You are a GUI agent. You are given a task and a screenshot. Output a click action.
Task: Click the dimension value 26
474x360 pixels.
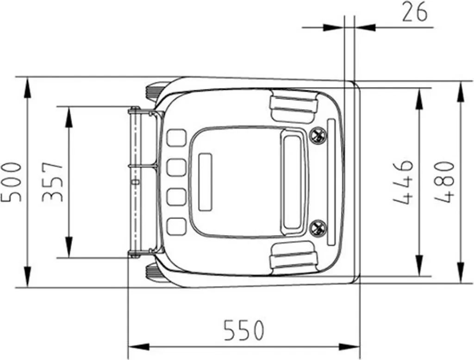[x=415, y=12]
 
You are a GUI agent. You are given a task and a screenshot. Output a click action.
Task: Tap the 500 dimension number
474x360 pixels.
[x=12, y=182]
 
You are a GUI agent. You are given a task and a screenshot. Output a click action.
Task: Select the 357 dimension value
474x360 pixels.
[x=52, y=182]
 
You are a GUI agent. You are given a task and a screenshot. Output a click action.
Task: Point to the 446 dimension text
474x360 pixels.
[x=403, y=182]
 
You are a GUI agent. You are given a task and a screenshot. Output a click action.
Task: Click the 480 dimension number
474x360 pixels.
[x=444, y=182]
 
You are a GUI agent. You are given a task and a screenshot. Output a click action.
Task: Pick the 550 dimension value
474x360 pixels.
[x=244, y=330]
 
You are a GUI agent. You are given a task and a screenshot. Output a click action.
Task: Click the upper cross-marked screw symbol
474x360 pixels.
[x=318, y=135]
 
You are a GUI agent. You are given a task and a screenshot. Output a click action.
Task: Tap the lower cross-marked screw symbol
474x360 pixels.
[x=318, y=228]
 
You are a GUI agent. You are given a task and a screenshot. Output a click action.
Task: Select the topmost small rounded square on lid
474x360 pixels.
[x=176, y=138]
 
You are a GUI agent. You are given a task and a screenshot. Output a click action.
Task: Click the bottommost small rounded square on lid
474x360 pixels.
[x=176, y=226]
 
